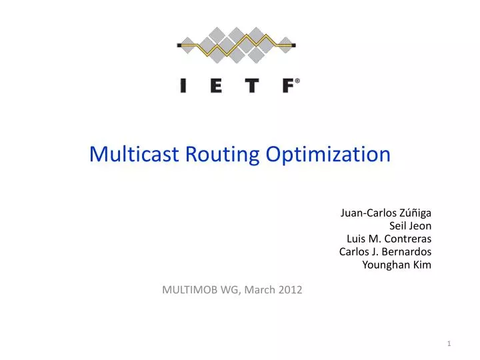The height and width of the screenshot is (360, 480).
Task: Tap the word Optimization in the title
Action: click(x=328, y=154)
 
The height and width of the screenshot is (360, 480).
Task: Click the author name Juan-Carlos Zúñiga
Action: click(x=386, y=213)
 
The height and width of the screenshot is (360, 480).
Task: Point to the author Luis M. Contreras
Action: click(x=389, y=239)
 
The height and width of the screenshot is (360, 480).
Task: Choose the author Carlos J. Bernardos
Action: click(x=385, y=251)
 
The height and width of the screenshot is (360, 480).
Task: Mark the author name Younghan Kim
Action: click(x=397, y=265)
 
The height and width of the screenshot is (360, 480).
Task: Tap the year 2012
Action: click(x=290, y=289)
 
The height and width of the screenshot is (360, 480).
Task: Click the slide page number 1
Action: click(x=449, y=343)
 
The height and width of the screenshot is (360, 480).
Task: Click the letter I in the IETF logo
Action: click(x=183, y=85)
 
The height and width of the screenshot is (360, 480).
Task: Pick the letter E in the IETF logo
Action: click(x=216, y=85)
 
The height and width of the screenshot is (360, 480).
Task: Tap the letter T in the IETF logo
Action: click(x=252, y=85)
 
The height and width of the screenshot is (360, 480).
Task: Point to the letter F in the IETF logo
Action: click(x=287, y=85)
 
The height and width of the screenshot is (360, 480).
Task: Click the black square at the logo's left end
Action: click(x=179, y=45)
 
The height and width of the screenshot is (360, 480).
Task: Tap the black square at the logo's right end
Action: click(x=294, y=45)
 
